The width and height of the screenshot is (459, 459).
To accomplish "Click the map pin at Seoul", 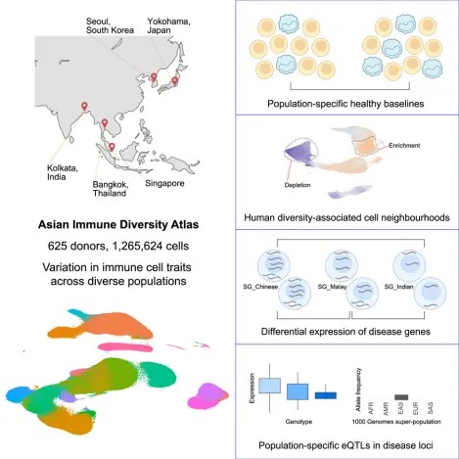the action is click(154, 77).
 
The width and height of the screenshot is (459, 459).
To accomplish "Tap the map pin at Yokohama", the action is click(175, 80).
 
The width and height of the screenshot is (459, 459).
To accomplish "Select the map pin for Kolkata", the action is click(84, 106).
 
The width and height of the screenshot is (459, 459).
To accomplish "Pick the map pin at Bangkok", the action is click(105, 123).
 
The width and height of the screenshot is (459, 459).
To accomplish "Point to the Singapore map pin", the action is click(112, 147).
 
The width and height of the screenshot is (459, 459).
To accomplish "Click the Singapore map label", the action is click(164, 183).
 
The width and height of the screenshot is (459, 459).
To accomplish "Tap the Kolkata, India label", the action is click(63, 172).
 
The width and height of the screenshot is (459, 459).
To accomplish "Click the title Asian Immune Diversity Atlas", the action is click(118, 225).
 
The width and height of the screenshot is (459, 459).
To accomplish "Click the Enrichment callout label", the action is click(404, 146).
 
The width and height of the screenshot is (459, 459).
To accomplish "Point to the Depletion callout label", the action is click(298, 185).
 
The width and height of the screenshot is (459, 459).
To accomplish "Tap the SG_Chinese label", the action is click(260, 287).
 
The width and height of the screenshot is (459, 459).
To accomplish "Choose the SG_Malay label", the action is click(332, 287).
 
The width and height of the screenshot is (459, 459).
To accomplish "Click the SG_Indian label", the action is click(398, 287).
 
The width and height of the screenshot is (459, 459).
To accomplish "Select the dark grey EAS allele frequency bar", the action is click(401, 397).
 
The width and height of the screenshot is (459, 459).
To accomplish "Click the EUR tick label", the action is click(416, 408).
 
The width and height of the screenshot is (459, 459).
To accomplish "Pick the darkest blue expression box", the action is click(326, 395).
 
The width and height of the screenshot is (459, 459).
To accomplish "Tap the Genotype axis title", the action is click(298, 422).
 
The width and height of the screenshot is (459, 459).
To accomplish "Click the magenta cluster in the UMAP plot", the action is click(208, 396).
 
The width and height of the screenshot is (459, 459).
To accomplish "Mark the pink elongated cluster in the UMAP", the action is click(125, 347).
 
